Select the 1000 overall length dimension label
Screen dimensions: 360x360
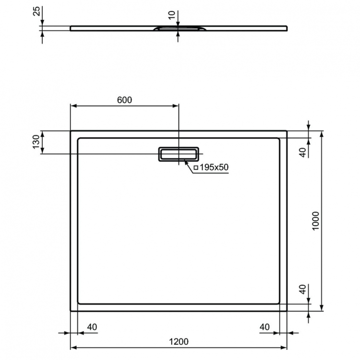click(x=315, y=221)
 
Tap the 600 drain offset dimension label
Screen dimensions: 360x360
click(x=124, y=100)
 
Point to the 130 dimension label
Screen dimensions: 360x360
click(x=36, y=142)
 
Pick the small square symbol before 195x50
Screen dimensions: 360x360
click(x=196, y=168)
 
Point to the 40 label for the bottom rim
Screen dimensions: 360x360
click(x=302, y=290)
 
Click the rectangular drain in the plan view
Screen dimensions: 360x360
click(x=178, y=154)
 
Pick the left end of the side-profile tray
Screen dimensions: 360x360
click(x=72, y=28)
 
